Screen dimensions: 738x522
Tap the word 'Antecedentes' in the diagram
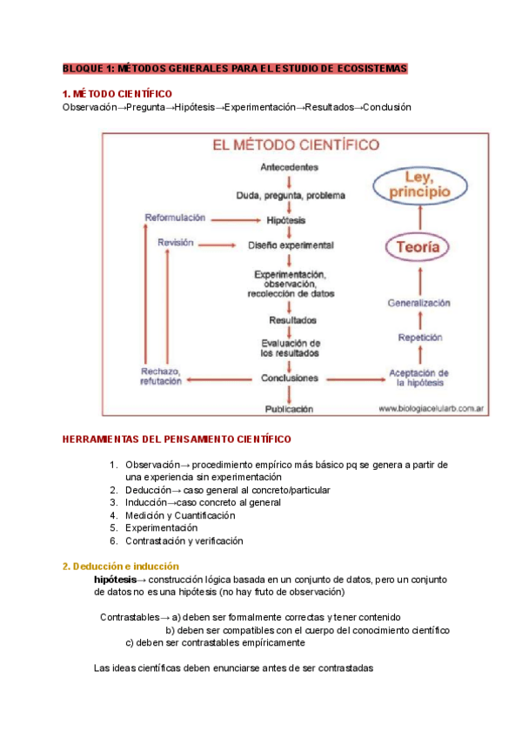pyautogui.click(x=289, y=166)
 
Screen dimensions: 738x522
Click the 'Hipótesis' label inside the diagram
pyautogui.click(x=287, y=220)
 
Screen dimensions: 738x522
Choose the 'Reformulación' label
pyautogui.click(x=175, y=217)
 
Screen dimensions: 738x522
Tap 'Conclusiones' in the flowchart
pyautogui.click(x=290, y=379)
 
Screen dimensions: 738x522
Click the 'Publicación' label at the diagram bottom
pyautogui.click(x=289, y=407)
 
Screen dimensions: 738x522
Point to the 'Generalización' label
pyautogui.click(x=418, y=303)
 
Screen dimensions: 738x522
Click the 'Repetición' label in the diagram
pyautogui.click(x=420, y=338)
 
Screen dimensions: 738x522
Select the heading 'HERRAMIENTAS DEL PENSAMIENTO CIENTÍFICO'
pyautogui.click(x=177, y=439)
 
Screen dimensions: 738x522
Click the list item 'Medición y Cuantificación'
pyautogui.click(x=180, y=515)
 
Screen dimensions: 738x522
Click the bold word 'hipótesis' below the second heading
pyautogui.click(x=115, y=579)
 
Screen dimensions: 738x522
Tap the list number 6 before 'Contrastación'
pyautogui.click(x=113, y=540)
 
